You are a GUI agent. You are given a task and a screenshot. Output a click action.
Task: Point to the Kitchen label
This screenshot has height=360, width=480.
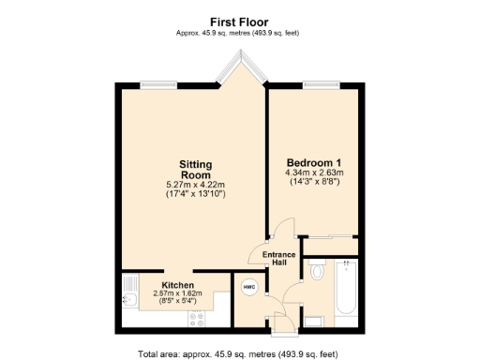pyautogui.click(x=177, y=284)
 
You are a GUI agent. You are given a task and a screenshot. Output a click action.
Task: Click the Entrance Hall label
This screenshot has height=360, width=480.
pyautogui.click(x=278, y=258)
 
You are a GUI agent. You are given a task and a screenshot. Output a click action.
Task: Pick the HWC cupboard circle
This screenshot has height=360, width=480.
pyautogui.click(x=249, y=287)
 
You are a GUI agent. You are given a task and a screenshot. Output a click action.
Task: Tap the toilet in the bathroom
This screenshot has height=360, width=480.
pyautogui.click(x=317, y=273)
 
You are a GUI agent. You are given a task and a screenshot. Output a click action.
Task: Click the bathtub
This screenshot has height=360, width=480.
pyautogui.click(x=345, y=292)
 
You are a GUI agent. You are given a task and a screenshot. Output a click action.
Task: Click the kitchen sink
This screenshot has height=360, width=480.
pyautogui.click(x=130, y=299)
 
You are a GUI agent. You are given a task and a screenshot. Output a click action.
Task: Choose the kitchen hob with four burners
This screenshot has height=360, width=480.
pyautogui.click(x=198, y=318)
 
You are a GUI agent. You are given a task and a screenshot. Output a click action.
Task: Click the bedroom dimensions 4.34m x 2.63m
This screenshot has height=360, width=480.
pyautogui.click(x=314, y=172)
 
